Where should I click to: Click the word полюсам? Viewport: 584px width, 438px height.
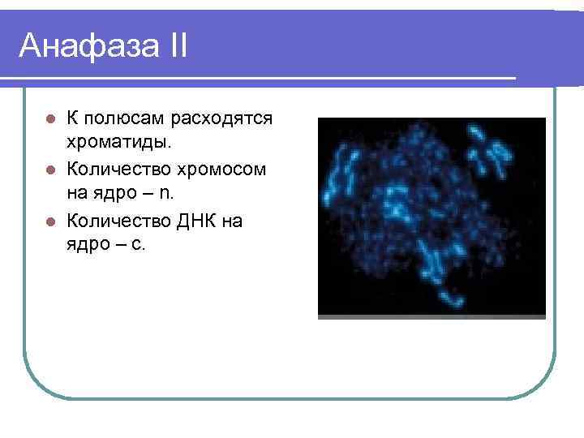click(125, 119)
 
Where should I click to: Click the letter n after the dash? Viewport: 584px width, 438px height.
click(166, 195)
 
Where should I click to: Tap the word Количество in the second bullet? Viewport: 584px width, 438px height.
click(118, 170)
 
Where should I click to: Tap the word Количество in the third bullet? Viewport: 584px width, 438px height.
click(118, 221)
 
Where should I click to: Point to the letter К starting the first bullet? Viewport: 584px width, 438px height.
click(73, 119)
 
